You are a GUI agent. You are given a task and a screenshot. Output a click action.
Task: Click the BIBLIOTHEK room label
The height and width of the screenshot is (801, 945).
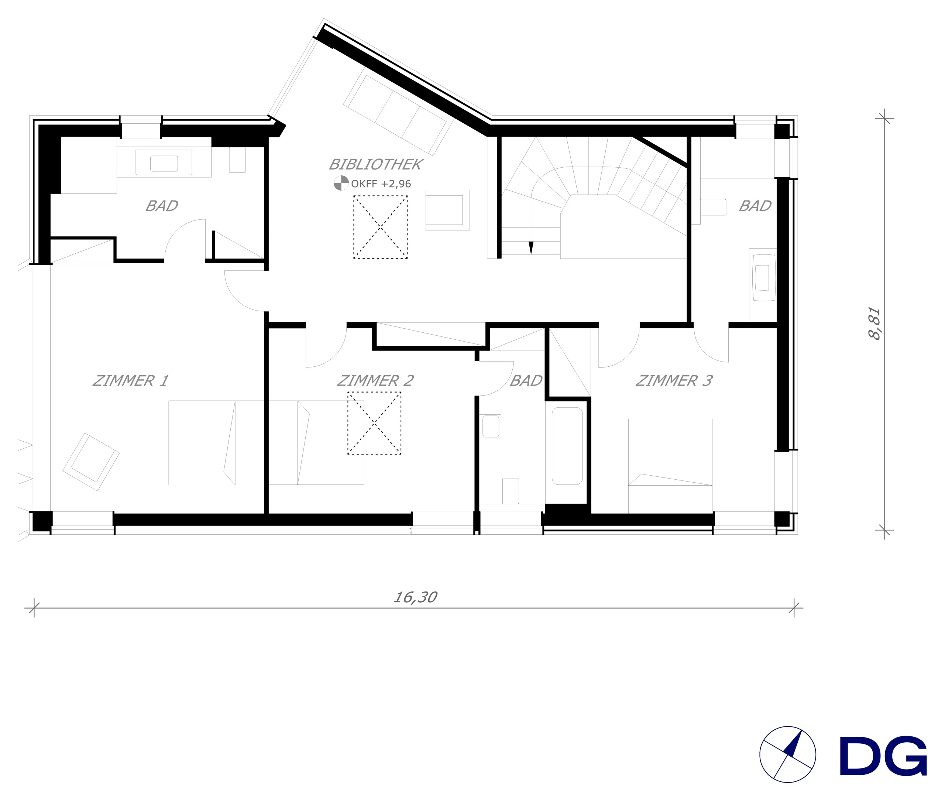point(376,164)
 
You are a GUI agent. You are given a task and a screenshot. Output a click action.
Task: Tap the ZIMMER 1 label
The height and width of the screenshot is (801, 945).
point(130,380)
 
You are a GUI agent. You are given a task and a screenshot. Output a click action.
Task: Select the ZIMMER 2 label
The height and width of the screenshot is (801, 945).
point(375,380)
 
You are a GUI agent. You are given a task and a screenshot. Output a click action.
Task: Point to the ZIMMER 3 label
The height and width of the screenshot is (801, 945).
point(674,380)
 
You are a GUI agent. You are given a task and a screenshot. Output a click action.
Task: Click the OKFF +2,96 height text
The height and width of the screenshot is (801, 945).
point(381,184)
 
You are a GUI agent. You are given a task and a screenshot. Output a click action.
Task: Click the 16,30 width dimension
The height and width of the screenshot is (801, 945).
point(415,597)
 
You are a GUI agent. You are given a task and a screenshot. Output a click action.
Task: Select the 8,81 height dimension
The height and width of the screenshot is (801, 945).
point(874,324)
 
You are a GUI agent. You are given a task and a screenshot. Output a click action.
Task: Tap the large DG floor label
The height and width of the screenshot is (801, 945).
point(883,756)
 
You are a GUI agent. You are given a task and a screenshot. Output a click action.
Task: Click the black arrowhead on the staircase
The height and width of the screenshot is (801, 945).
point(531,248)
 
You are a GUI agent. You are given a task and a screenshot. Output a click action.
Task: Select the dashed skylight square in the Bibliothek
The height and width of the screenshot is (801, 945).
point(380,227)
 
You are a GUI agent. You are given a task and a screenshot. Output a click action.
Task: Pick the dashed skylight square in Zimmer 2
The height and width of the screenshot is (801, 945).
point(374,423)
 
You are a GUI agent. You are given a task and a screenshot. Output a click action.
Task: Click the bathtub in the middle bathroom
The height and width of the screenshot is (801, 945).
point(567,446)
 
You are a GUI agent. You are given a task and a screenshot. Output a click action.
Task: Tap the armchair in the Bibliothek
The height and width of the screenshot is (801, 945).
point(447,210)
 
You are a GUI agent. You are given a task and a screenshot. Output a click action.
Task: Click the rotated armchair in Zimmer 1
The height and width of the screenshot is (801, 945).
point(91,462)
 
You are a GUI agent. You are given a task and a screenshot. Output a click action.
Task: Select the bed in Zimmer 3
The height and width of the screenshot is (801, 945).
point(670,466)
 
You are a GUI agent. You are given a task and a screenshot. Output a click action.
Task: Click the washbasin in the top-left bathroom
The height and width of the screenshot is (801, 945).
point(164,162)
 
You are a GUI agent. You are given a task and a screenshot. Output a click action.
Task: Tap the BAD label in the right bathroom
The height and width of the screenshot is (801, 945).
point(755,206)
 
